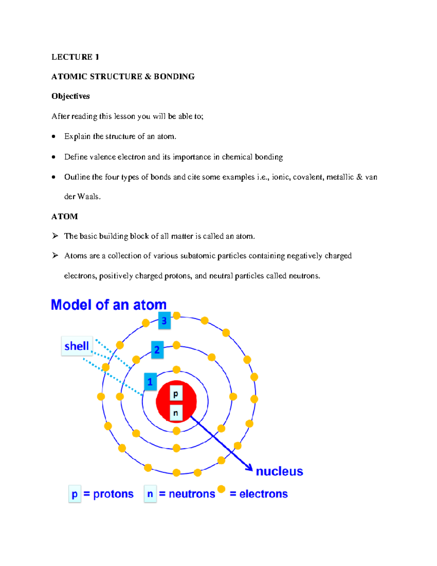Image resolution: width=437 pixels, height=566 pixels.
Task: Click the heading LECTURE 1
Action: (x=75, y=57)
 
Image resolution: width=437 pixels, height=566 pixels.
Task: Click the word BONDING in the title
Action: (x=174, y=77)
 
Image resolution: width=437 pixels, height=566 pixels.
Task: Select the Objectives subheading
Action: (x=70, y=96)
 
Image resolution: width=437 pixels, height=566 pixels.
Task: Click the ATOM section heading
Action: (x=64, y=216)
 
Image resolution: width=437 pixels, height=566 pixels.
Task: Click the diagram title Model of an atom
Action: (x=109, y=305)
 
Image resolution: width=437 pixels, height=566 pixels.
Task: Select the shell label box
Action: (x=77, y=346)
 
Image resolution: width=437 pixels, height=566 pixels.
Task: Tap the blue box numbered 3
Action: (x=164, y=321)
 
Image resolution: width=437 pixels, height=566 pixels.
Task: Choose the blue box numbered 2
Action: (x=157, y=350)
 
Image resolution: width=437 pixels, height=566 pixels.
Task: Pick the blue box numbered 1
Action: (x=150, y=382)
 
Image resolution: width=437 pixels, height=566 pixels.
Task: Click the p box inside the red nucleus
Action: (x=176, y=394)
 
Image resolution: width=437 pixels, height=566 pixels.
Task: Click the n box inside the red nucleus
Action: (x=176, y=413)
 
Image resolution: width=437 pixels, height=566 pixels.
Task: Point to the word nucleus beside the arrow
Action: (x=279, y=471)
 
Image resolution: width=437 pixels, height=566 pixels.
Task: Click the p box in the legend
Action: (x=75, y=494)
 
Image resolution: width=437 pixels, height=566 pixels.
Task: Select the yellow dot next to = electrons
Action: (x=221, y=489)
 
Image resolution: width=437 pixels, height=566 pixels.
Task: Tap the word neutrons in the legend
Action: (x=192, y=494)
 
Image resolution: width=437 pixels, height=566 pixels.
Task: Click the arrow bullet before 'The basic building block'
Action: (x=55, y=236)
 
